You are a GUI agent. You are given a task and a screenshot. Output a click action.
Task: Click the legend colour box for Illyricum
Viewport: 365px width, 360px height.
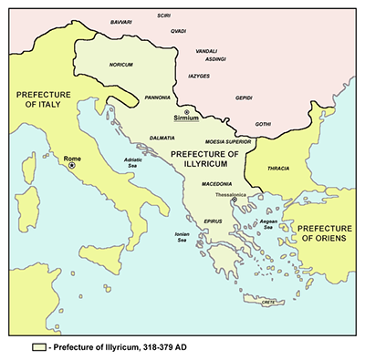[x=38, y=347]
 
